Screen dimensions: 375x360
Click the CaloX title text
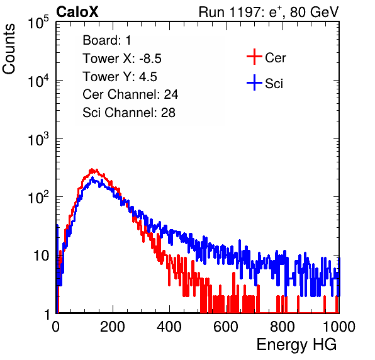click(77, 12)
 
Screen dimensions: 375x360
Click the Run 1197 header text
click(269, 12)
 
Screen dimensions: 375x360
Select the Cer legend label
click(275, 58)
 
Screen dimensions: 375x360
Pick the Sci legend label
click(274, 84)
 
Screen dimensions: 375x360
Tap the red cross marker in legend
click(254, 57)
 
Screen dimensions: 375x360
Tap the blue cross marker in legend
click(254, 82)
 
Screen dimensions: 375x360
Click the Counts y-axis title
click(9, 48)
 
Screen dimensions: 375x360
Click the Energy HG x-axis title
click(296, 345)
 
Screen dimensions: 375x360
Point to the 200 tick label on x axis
click(113, 327)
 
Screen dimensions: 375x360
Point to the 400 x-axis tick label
click(169, 327)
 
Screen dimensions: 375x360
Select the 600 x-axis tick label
click(226, 327)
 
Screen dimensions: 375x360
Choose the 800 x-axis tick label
click(283, 327)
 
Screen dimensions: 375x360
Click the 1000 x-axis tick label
click(339, 327)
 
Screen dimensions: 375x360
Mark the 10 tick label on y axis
click(41, 256)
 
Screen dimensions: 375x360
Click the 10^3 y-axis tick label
click(38, 138)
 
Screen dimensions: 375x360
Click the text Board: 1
click(107, 40)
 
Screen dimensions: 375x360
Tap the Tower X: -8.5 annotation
click(122, 59)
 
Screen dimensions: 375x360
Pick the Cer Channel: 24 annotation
click(130, 94)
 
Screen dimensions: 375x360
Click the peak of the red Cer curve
click(92, 169)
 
